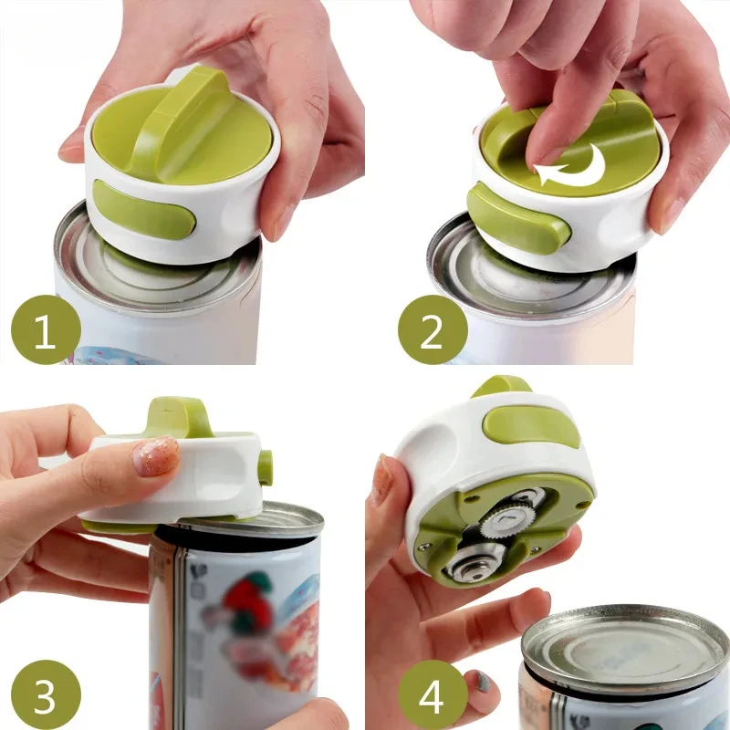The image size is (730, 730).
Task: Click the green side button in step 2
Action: [516, 219]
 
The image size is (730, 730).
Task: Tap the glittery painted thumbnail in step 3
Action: [158, 455]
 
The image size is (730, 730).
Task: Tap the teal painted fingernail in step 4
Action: [481, 681]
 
